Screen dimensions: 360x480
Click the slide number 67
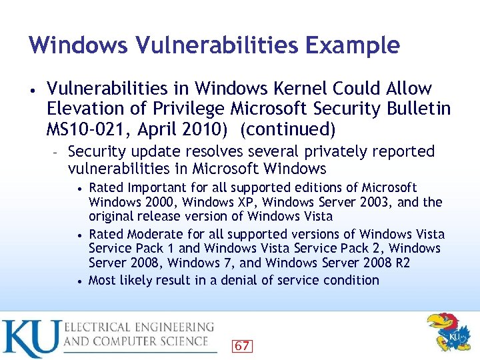click(x=242, y=345)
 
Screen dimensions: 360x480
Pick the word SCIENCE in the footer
click(x=181, y=341)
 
